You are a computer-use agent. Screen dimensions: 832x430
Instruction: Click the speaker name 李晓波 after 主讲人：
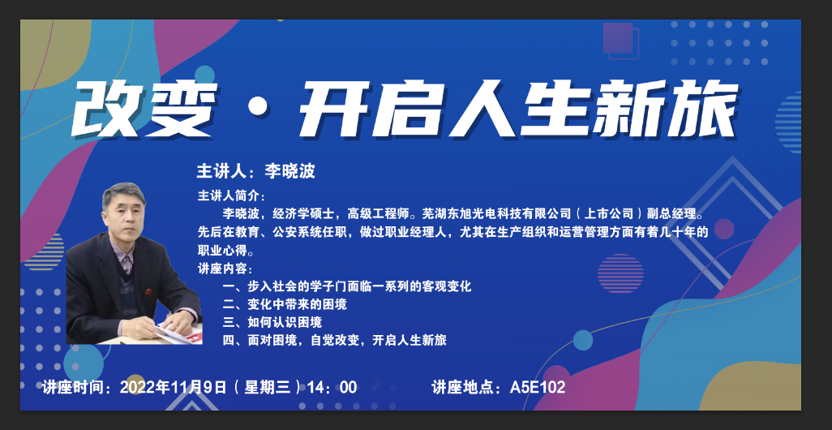289,171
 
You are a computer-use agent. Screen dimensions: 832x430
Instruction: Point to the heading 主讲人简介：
231,196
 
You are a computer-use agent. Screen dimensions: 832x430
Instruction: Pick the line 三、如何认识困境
272,322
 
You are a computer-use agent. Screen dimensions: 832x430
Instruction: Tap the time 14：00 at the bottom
332,387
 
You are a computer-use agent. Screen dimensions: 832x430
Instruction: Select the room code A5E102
538,387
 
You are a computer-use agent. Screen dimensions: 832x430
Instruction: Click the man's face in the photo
123,214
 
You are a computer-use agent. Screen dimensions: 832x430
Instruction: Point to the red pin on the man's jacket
148,291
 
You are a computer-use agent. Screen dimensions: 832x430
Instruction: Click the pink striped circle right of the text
620,273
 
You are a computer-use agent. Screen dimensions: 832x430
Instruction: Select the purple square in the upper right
618,38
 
